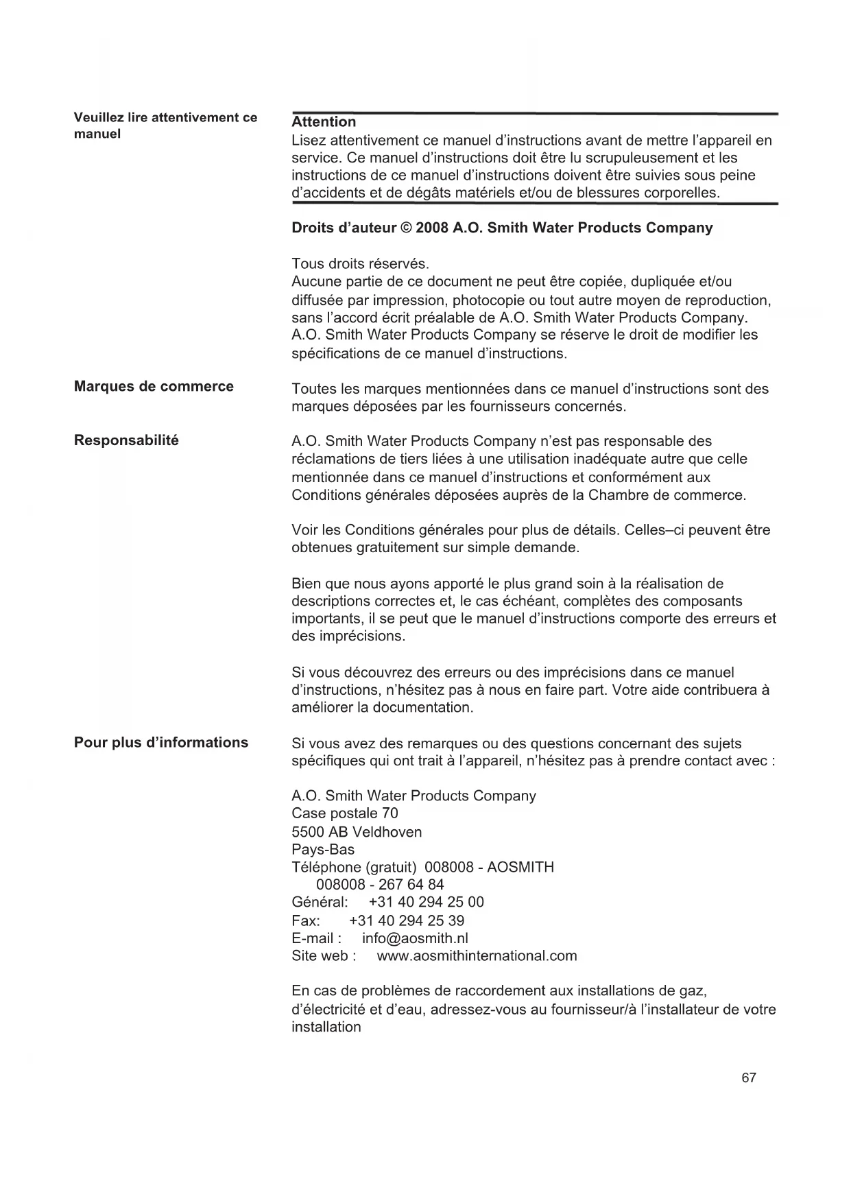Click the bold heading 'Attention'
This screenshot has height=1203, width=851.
tap(324, 122)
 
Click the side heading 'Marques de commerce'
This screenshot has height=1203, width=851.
tap(154, 387)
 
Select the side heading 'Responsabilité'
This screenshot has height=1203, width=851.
tap(126, 441)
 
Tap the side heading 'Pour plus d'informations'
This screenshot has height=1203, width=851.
tap(161, 743)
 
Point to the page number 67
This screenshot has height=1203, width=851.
tap(749, 1078)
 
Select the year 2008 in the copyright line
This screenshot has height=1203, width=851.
tap(431, 228)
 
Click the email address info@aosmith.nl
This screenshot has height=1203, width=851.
tap(415, 938)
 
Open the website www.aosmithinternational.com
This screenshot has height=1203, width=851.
tap(477, 956)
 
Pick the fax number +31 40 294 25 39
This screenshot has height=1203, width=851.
tap(407, 920)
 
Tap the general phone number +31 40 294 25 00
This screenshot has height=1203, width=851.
tap(426, 903)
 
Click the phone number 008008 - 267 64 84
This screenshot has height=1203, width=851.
tap(380, 885)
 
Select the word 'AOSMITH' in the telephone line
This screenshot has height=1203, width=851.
tap(523, 868)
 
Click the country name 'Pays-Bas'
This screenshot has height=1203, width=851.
tap(323, 850)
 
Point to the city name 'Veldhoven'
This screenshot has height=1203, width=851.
tap(387, 832)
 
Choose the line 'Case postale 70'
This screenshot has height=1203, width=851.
tap(345, 814)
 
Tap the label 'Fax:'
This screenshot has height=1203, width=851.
tap(306, 920)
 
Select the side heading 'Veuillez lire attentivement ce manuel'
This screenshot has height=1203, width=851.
tap(165, 126)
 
